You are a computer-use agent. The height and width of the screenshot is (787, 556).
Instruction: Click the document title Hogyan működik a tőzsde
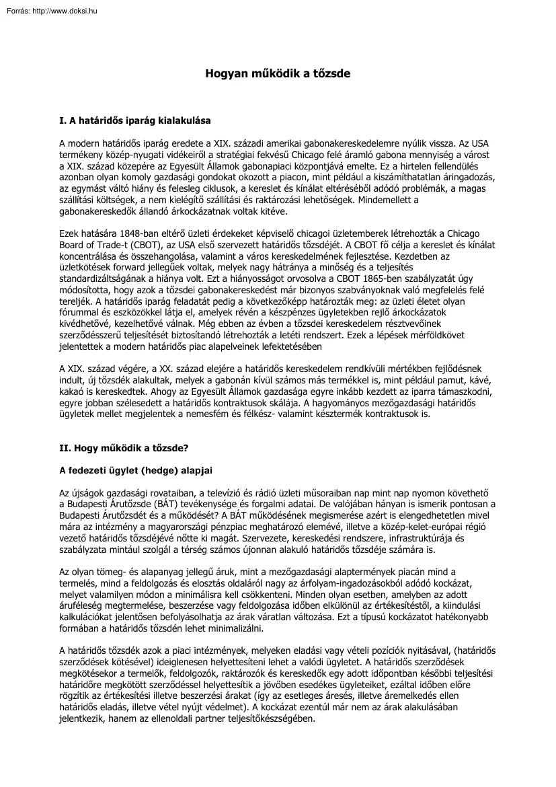[x=278, y=73]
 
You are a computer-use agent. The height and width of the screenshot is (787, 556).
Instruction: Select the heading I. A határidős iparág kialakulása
[x=135, y=121]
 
